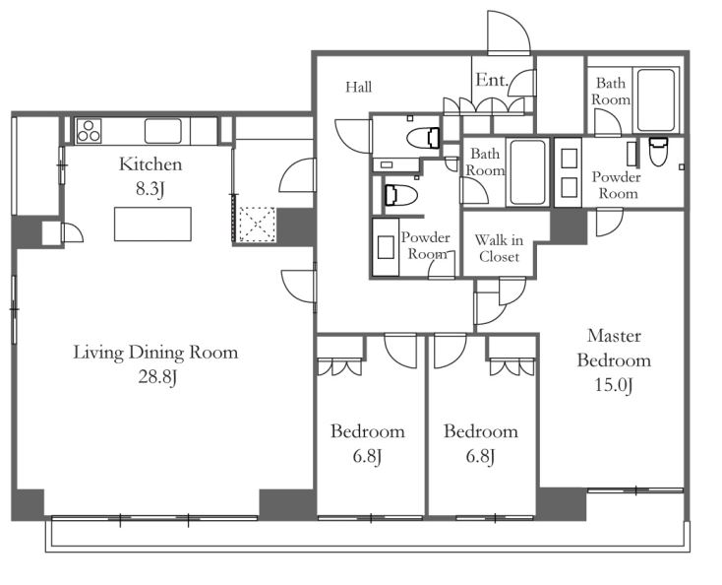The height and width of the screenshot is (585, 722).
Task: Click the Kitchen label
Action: [x=150, y=164]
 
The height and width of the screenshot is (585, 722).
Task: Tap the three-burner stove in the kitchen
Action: [x=89, y=131]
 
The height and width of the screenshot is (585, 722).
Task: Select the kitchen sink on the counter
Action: [x=163, y=131]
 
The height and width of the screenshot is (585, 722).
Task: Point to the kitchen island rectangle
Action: [x=152, y=224]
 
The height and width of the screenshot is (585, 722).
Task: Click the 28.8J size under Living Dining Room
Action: [x=158, y=377]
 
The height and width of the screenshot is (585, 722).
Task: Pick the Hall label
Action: [x=359, y=87]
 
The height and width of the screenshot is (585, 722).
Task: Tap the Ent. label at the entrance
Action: [x=492, y=80]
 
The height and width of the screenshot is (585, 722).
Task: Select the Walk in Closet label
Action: [x=499, y=248]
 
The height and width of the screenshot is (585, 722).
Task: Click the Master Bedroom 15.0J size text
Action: [x=614, y=385]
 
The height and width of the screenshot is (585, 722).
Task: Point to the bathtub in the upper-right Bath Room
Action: [x=656, y=100]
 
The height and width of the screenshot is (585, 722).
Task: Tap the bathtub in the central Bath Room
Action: [x=527, y=172]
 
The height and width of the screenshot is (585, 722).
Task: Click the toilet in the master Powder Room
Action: [x=657, y=151]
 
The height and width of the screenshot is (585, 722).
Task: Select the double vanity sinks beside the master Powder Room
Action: [x=570, y=173]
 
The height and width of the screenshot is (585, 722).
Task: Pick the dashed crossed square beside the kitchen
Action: [x=258, y=224]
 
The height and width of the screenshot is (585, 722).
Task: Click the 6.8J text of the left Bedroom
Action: [x=367, y=457]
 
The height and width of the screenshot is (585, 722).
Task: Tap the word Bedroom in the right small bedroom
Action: [x=481, y=431]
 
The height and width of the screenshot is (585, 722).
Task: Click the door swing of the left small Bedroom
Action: [x=400, y=352]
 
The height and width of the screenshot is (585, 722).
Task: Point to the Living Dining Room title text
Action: [x=155, y=353]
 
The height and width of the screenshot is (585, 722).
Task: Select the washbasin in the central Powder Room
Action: [x=386, y=247]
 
